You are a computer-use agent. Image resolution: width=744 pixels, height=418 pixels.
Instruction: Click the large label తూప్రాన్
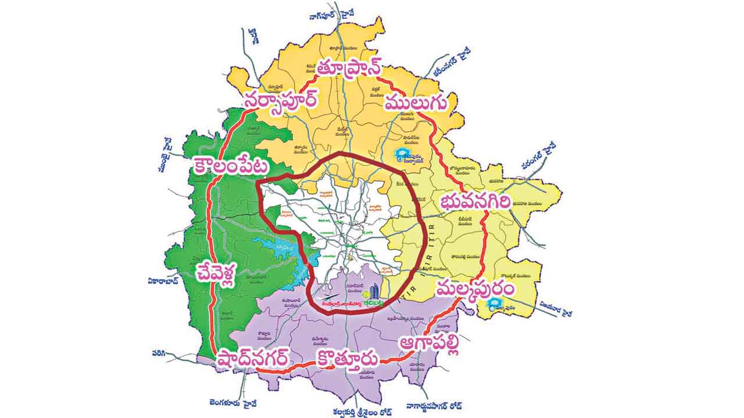(348, 69)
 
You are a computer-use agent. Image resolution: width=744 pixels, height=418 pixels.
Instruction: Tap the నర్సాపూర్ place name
(281, 100)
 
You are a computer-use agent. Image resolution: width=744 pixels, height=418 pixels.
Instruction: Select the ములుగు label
(416, 103)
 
